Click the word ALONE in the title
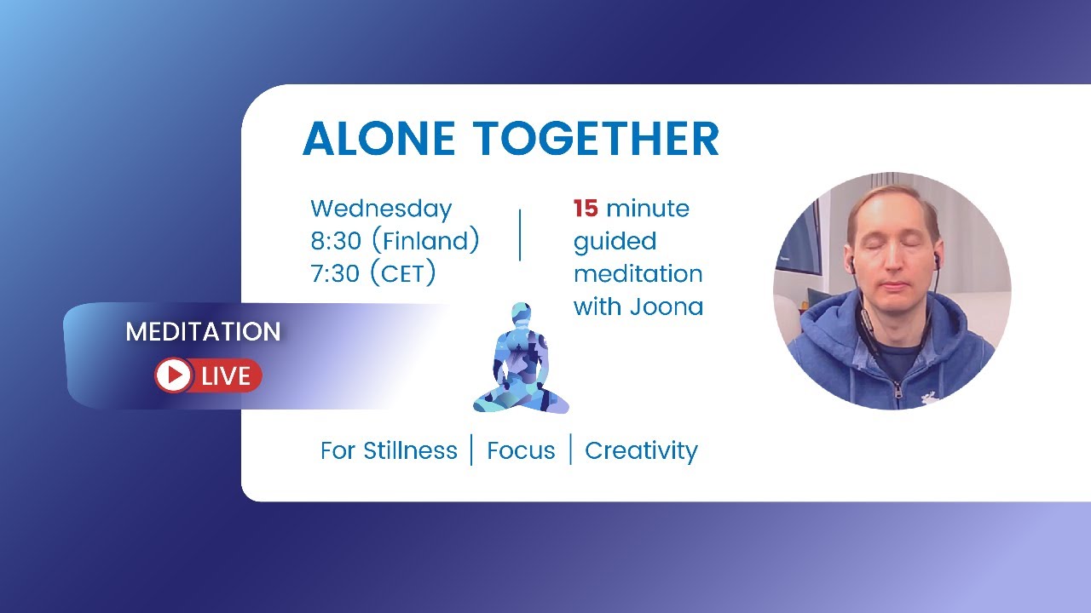379,139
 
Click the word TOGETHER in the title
597,139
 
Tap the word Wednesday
381,209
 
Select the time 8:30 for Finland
336,241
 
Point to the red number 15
585,209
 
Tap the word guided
615,242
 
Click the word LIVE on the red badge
226,375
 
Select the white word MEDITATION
203,332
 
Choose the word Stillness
410,450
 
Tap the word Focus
521,450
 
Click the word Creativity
641,450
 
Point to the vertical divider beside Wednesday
520,234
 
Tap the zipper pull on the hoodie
896,393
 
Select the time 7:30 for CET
336,273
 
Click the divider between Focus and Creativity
570,450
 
